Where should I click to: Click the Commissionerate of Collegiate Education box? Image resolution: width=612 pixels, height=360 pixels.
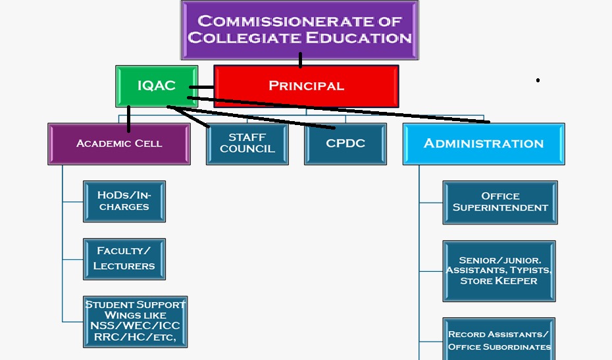point(300,30)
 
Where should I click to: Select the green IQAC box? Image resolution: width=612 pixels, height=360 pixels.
point(156,86)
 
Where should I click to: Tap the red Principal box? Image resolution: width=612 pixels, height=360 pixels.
point(306,86)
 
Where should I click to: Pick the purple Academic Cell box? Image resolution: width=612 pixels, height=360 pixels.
point(119,143)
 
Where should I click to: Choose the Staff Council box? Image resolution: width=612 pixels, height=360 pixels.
point(247,143)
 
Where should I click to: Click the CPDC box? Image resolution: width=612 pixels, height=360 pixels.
point(345,143)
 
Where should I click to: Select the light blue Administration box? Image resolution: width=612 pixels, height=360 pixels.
point(483,143)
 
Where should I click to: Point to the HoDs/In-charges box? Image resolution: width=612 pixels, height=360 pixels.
point(124,201)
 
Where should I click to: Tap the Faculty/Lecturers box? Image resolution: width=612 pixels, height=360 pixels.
point(124,258)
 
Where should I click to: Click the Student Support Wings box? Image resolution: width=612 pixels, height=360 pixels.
point(136,322)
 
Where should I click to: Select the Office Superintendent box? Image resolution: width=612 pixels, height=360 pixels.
point(500,201)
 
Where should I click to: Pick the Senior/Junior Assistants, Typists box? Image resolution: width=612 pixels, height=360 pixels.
point(498,270)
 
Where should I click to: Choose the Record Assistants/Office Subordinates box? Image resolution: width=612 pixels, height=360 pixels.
point(498,340)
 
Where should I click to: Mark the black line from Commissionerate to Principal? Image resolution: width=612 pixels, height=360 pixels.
point(300,60)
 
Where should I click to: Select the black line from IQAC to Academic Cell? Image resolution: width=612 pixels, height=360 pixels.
point(128,118)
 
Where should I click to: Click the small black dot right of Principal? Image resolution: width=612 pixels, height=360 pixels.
point(538,80)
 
